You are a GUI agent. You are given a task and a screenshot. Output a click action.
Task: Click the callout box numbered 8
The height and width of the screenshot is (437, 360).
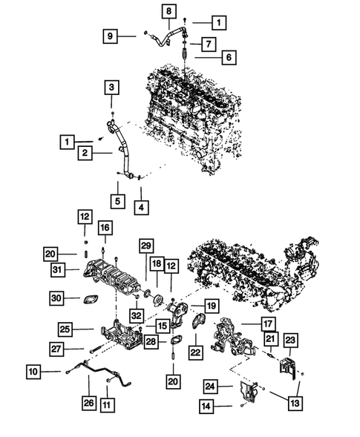[x=168, y=11]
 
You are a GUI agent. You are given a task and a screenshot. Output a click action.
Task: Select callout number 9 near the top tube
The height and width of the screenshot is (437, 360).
[x=111, y=35]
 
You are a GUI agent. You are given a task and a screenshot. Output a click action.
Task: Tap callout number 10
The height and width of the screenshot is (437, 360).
[x=35, y=369]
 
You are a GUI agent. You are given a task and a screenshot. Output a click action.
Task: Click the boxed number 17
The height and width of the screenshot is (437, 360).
[x=266, y=323]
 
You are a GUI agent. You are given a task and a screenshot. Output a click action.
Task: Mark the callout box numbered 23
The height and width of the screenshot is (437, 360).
[x=289, y=340]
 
